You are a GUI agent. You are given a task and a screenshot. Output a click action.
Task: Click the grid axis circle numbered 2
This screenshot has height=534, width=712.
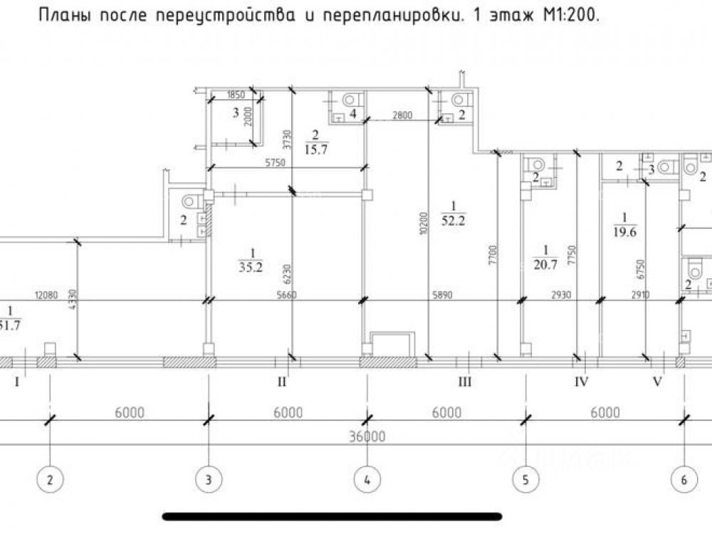(x=50, y=479)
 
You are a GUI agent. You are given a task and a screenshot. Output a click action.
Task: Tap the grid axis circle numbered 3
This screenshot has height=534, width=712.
(x=208, y=479)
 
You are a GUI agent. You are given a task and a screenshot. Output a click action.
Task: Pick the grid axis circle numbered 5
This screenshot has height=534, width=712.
(x=525, y=479)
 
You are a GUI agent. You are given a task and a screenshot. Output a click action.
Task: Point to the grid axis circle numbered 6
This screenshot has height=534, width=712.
(x=684, y=479)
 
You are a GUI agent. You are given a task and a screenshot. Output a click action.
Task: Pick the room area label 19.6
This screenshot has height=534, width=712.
(x=624, y=230)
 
